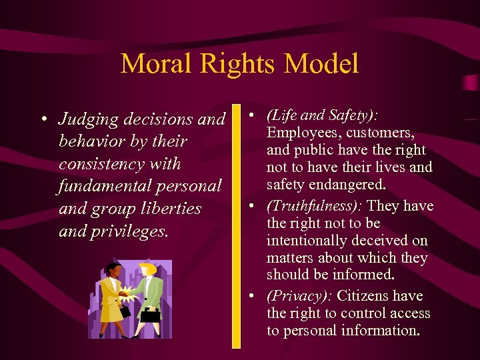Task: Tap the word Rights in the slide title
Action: pyautogui.click(x=236, y=64)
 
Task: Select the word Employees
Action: pyautogui.click(x=302, y=133)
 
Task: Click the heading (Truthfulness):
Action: pyautogui.click(x=314, y=206)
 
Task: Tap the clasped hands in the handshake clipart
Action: pyautogui.click(x=127, y=291)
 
